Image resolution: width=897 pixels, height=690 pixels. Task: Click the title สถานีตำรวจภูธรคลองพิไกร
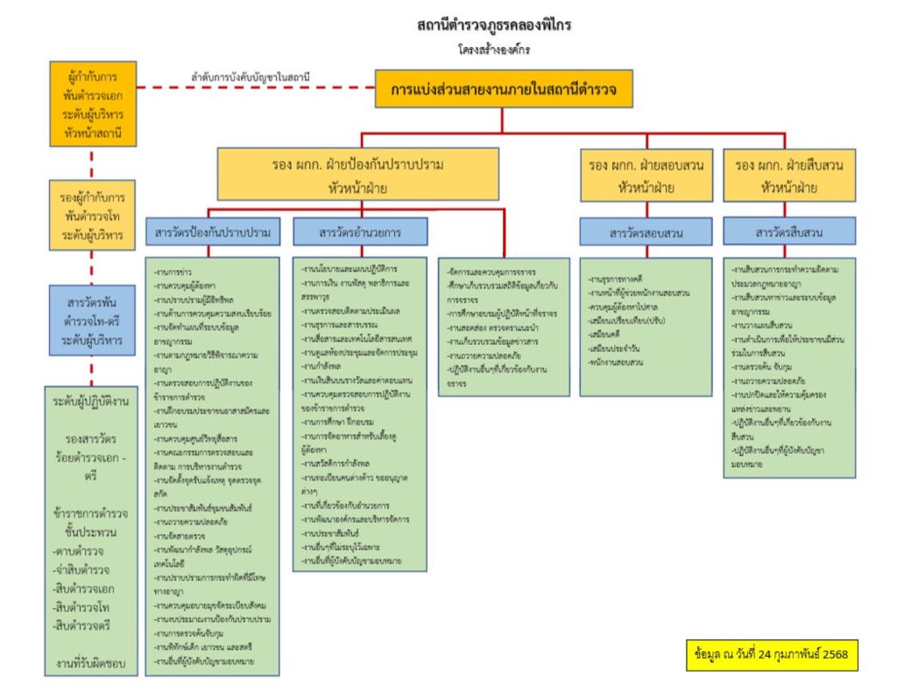pos(494,25)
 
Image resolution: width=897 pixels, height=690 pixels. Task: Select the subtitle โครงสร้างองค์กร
pos(493,49)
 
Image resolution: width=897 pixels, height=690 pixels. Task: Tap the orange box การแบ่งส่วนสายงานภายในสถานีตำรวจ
pos(505,89)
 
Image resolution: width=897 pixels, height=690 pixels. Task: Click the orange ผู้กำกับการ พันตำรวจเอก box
pos(92,102)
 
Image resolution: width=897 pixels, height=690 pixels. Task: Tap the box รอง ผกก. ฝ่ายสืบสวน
pos(789,174)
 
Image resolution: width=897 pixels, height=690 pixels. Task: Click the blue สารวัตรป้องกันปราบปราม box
pos(212,233)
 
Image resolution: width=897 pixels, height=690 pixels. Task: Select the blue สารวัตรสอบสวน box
pos(646,232)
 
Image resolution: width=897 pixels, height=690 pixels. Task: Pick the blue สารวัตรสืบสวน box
pos(788,232)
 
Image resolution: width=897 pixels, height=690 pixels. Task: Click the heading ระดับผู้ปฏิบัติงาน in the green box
pos(92,402)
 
